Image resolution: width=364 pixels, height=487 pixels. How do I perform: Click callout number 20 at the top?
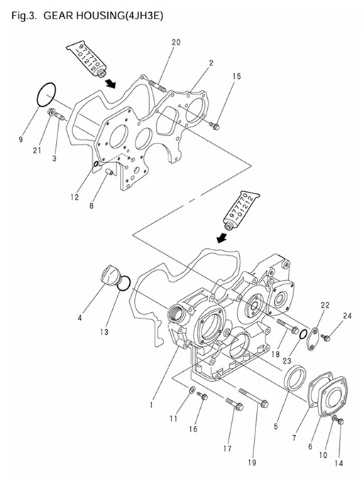176,43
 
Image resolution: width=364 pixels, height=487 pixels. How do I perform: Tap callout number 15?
236,75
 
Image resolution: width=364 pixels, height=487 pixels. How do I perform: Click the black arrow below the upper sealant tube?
111,82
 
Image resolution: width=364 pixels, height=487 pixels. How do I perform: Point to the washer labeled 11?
193,390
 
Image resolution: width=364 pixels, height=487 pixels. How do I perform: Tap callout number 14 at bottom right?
338,463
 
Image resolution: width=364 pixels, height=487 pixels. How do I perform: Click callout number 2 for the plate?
211,64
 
